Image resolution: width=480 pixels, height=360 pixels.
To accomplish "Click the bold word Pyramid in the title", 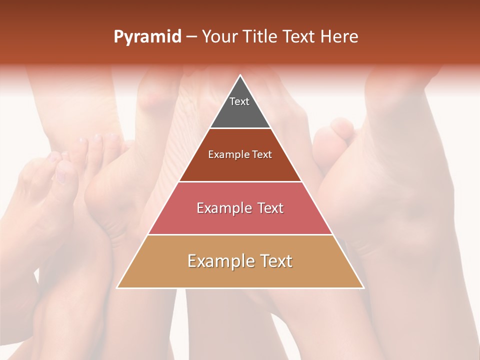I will [147, 37].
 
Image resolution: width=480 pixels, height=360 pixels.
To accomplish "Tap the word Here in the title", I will [339, 37].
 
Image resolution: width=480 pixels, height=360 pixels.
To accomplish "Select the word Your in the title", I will [220, 37].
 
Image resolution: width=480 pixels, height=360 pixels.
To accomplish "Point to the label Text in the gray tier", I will [239, 101].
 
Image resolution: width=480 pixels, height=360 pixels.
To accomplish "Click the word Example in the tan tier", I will [218, 261].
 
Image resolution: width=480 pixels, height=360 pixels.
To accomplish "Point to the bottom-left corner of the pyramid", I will [117, 288].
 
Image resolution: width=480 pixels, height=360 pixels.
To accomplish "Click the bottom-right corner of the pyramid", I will [363, 288].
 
